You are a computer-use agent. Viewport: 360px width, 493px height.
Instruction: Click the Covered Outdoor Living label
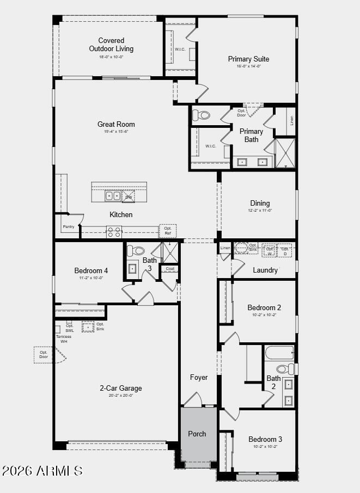pyautogui.click(x=111, y=45)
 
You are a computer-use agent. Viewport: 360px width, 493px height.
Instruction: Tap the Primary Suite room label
pyautogui.click(x=248, y=59)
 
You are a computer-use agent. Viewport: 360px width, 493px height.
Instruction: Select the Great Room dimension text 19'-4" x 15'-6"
pyautogui.click(x=116, y=132)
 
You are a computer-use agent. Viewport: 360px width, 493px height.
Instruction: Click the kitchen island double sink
pyautogui.click(x=113, y=196)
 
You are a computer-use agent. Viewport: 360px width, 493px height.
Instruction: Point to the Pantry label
pyautogui.click(x=68, y=226)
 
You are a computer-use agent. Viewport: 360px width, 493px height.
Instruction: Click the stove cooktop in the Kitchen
pyautogui.click(x=114, y=232)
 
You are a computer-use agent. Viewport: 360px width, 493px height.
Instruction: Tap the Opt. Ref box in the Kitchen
pyautogui.click(x=168, y=231)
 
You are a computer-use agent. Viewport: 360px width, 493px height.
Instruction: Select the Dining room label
pyautogui.click(x=260, y=203)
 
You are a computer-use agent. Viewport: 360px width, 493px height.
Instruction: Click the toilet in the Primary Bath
pyautogui.click(x=202, y=115)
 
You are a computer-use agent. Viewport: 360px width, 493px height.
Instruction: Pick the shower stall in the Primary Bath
pyautogui.click(x=285, y=153)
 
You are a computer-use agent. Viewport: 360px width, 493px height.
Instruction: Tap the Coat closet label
pyautogui.click(x=170, y=268)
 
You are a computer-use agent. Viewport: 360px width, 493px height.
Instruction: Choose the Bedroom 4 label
pyautogui.click(x=91, y=270)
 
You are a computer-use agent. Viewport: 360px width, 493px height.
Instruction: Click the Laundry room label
pyautogui.click(x=265, y=270)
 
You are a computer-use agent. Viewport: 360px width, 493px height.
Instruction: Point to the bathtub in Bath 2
pyautogui.click(x=279, y=353)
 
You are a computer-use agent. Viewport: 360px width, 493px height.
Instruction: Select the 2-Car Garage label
pyautogui.click(x=120, y=388)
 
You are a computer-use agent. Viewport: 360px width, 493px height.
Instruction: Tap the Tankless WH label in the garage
pyautogui.click(x=63, y=338)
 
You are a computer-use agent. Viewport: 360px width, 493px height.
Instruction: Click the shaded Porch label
pyautogui.click(x=197, y=434)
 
